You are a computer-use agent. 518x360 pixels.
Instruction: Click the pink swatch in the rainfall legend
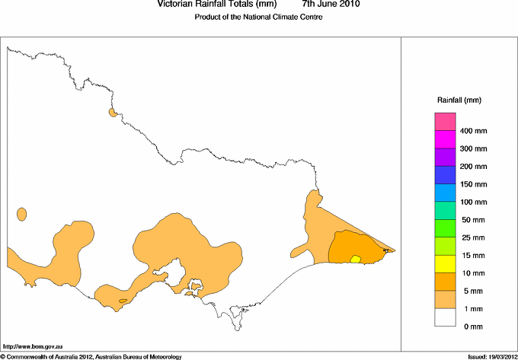(x=445, y=121)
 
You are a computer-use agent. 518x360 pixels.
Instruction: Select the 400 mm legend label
(x=474, y=131)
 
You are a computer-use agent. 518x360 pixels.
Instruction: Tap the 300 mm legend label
(x=474, y=148)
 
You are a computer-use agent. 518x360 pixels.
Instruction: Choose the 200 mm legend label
(x=474, y=166)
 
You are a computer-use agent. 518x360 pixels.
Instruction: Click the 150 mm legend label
(x=474, y=184)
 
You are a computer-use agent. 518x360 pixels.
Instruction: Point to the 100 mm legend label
(x=474, y=202)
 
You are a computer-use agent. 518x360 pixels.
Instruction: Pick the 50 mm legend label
(x=472, y=220)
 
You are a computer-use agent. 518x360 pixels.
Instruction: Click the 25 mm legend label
(x=472, y=237)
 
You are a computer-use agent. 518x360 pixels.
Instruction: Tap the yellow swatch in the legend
(x=445, y=263)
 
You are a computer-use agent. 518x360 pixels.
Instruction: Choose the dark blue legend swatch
(x=445, y=175)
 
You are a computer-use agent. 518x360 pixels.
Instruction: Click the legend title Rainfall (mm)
(x=459, y=100)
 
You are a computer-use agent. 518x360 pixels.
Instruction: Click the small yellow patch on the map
(x=355, y=260)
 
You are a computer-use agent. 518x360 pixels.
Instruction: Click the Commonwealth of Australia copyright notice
(x=91, y=356)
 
